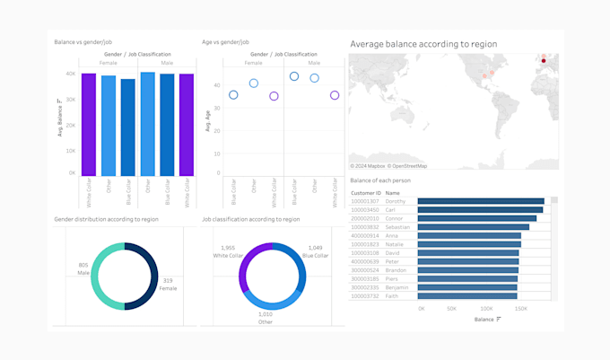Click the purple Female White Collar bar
pos(89,125)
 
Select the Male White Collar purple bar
pos(187,125)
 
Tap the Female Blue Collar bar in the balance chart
pos(128,127)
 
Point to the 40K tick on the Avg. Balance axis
pos(70,74)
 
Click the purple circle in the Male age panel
pos(335,95)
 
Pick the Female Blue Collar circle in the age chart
pos(233,95)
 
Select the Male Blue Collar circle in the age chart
pos(294,76)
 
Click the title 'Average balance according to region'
pos(423,43)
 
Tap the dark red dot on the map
pos(544,61)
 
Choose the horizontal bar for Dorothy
pos(481,201)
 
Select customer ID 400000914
pos(365,235)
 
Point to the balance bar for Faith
pos(467,295)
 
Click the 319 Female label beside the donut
pos(167,285)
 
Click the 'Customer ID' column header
pos(365,192)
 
